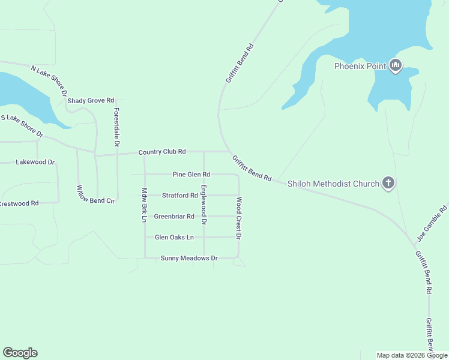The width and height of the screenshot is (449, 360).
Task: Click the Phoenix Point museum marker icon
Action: pyautogui.click(x=395, y=65)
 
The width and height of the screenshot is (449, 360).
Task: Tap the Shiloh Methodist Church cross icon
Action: pyautogui.click(x=388, y=183)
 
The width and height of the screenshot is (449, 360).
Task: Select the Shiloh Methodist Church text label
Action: pyautogui.click(x=333, y=184)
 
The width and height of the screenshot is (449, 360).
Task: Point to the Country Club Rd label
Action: pyautogui.click(x=162, y=152)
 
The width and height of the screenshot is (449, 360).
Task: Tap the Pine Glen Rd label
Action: pyautogui.click(x=191, y=175)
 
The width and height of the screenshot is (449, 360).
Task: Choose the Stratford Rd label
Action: pyautogui.click(x=179, y=196)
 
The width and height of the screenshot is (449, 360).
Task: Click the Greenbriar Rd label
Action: pyautogui.click(x=174, y=216)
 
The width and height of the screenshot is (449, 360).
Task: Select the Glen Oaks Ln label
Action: pyautogui.click(x=174, y=237)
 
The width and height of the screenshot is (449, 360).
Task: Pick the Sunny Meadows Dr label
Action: pyautogui.click(x=188, y=258)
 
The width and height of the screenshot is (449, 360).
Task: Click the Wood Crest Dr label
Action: pyautogui.click(x=239, y=218)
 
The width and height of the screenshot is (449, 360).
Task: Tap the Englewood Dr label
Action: pyautogui.click(x=204, y=205)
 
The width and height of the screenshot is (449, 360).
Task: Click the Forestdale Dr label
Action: pyautogui.click(x=116, y=127)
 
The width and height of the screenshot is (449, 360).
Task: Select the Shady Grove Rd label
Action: pyautogui.click(x=91, y=101)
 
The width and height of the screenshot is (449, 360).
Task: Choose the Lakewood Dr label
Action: pyautogui.click(x=35, y=162)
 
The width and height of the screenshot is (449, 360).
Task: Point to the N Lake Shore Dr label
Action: pyautogui.click(x=49, y=80)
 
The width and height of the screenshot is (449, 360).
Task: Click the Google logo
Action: pyautogui.click(x=20, y=353)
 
